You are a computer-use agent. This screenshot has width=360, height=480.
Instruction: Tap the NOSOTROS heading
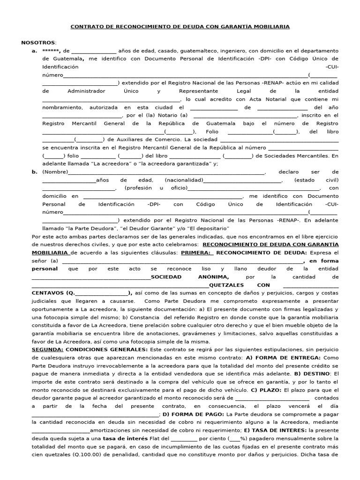[x=38, y=43]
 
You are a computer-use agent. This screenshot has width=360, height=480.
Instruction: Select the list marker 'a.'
[x=34, y=51]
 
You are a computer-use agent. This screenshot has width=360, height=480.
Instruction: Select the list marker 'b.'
[x=34, y=172]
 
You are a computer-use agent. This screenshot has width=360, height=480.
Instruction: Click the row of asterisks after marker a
[x=51, y=51]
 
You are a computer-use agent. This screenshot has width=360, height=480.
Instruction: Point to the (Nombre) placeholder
[x=55, y=172]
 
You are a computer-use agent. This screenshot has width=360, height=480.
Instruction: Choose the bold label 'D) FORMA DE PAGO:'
[x=193, y=414]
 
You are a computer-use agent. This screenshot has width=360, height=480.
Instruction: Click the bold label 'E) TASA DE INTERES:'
[x=275, y=430]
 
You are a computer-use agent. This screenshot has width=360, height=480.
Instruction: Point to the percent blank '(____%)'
[x=238, y=439]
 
